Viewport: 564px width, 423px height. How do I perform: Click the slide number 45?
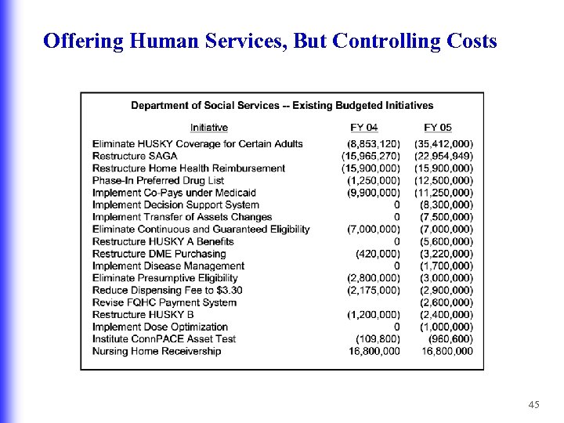(x=534, y=404)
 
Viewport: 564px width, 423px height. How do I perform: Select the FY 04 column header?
(x=363, y=128)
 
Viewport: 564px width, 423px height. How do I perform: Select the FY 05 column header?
(x=438, y=128)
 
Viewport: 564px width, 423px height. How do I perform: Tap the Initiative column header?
(x=209, y=128)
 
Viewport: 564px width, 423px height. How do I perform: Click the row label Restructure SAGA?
(x=135, y=156)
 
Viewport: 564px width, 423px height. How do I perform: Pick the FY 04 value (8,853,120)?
(x=374, y=144)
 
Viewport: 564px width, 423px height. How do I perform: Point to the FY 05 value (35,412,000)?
(x=443, y=144)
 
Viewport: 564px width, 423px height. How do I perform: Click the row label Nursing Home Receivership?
(x=157, y=351)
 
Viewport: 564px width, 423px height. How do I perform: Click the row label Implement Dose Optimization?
(x=160, y=327)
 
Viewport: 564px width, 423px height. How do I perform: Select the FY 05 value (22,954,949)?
(x=443, y=156)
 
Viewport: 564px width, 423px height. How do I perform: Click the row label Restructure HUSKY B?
(x=143, y=315)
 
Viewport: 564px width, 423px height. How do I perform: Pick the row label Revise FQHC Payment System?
(x=164, y=302)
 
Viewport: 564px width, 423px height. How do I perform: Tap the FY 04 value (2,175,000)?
(x=374, y=290)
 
